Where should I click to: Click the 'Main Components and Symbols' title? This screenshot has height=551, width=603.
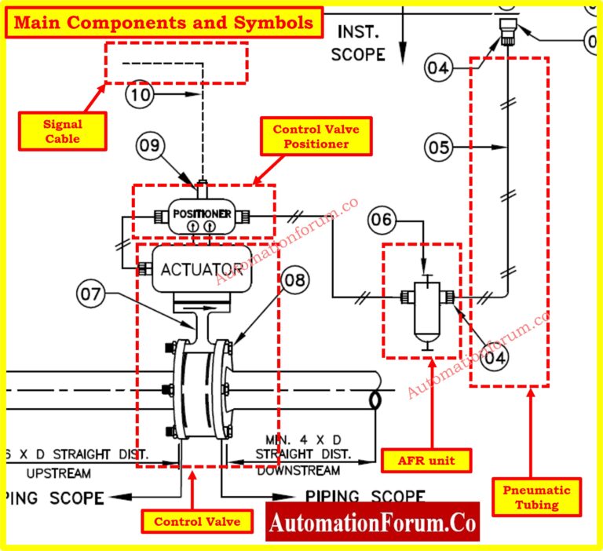tap(164, 23)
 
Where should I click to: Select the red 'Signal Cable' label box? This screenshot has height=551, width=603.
tap(62, 132)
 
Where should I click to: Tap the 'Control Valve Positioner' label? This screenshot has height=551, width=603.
tap(310, 137)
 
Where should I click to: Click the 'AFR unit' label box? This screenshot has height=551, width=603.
tap(426, 460)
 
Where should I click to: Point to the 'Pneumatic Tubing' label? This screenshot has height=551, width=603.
tap(537, 498)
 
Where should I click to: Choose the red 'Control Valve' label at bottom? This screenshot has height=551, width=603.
tap(191, 521)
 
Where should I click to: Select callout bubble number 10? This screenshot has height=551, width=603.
tap(141, 95)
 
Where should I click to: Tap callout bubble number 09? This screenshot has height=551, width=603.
tap(150, 145)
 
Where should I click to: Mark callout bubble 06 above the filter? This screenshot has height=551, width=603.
tap(382, 221)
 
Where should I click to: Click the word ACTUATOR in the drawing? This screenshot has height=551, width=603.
tap(199, 269)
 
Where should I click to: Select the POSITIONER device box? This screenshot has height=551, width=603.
tap(201, 214)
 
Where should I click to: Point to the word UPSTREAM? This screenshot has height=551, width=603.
tap(58, 473)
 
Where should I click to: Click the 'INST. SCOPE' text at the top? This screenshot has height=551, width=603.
tap(357, 43)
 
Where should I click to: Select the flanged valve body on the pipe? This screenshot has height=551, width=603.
tap(199, 389)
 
